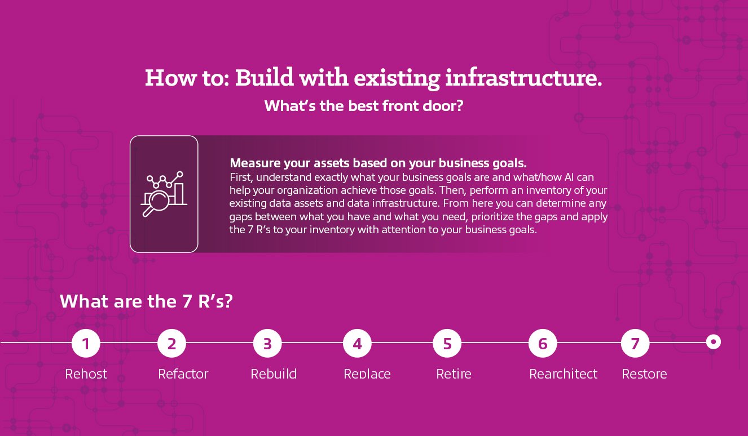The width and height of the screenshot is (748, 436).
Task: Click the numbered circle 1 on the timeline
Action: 86,343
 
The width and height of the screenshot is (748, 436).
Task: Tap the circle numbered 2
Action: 171,343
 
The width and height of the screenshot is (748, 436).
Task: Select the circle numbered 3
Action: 267,343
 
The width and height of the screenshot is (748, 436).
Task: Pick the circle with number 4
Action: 357,343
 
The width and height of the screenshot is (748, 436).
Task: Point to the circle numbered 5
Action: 447,343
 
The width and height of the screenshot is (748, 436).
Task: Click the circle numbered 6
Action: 543,343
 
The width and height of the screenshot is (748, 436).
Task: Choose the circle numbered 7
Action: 635,343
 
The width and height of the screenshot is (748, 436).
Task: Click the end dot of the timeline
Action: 714,342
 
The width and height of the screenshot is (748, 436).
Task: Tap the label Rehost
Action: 86,374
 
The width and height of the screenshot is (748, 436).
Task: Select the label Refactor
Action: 183,374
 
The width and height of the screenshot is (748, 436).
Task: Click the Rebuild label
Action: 274,374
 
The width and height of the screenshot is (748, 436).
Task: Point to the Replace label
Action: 367,374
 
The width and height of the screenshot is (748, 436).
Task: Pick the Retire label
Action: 454,374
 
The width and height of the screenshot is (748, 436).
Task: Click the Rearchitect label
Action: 563,374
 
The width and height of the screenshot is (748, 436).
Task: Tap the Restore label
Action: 644,374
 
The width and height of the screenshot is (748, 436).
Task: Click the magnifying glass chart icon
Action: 164,194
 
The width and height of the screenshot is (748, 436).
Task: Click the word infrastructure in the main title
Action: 523,78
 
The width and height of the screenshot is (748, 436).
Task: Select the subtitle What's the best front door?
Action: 364,106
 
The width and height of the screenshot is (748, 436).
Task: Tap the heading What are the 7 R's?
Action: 146,301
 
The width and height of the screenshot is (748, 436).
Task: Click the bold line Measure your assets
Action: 378,163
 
